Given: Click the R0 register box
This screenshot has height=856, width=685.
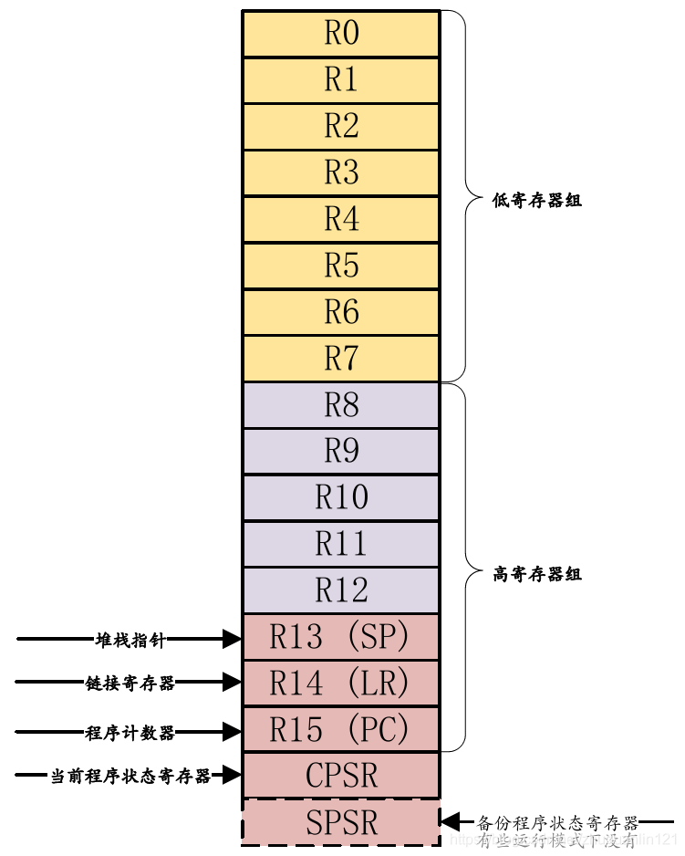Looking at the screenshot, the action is [x=341, y=34].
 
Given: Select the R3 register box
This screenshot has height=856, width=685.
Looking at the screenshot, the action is [x=341, y=172].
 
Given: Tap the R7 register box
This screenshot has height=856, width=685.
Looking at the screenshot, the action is [x=341, y=359].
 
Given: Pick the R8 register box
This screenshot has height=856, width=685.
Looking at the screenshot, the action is [x=341, y=405].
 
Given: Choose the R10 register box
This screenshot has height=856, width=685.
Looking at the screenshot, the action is [x=341, y=497].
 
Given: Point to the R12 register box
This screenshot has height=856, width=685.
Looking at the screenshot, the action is [x=341, y=590].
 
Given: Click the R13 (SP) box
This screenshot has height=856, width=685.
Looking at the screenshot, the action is [x=341, y=637].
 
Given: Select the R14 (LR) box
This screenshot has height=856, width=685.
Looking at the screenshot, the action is [x=341, y=683].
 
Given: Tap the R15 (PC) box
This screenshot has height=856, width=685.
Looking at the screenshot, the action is [x=341, y=729].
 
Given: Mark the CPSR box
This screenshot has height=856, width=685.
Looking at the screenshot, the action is [x=341, y=776].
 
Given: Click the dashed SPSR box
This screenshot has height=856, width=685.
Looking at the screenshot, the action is [x=341, y=822].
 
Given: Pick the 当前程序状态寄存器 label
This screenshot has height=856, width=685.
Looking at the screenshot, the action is [x=130, y=777].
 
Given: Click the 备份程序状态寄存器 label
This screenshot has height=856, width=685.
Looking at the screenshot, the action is [x=558, y=822].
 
